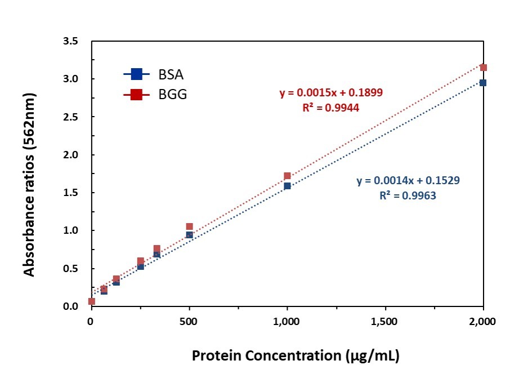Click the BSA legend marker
137,74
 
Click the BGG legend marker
137,95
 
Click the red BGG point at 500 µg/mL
189,226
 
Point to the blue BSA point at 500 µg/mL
189,235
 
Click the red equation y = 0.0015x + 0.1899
331,93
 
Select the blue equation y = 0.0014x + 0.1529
408,180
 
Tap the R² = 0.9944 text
331,108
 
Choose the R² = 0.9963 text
408,195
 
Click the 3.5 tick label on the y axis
70,41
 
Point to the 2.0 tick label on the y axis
70,155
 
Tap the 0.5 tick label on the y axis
70,269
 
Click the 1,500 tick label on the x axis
385,322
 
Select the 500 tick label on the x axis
189,322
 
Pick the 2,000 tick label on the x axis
482,322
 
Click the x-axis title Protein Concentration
266,355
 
